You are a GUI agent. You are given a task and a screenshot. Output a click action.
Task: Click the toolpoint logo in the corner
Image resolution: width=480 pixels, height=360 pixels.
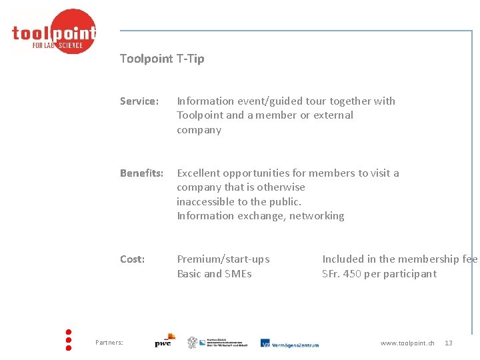(x=54, y=32)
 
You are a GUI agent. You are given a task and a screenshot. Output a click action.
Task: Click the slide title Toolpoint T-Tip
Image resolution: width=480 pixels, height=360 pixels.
(x=162, y=59)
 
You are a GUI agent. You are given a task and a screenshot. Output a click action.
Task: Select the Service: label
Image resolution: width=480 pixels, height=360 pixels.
(x=139, y=101)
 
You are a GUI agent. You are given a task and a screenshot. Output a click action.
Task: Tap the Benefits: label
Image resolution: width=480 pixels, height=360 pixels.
(x=141, y=173)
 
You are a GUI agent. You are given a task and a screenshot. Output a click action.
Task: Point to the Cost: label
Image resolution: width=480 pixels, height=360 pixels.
(x=132, y=259)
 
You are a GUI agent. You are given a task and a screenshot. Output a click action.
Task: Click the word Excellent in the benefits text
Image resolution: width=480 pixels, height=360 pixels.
(x=198, y=173)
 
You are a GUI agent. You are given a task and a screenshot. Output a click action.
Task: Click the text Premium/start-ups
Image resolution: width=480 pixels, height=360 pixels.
(x=223, y=259)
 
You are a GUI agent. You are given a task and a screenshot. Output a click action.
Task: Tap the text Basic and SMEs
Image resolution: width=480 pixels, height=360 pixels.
(x=214, y=274)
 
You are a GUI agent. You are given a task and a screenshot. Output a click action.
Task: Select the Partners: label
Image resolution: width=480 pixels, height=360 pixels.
(x=109, y=343)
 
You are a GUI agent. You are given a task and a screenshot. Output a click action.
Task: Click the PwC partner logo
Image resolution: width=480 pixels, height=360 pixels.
(x=165, y=341)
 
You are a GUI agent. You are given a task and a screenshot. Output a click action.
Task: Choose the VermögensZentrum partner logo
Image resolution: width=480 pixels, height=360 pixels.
(x=289, y=343)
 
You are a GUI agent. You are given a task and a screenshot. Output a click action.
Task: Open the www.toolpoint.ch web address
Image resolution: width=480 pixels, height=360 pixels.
(x=407, y=343)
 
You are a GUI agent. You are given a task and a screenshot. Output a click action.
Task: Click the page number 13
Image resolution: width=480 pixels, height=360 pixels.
(x=449, y=343)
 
